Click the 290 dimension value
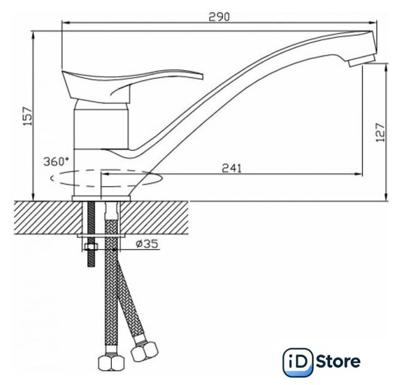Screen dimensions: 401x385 tap(219, 17)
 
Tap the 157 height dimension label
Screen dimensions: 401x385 tap(28, 116)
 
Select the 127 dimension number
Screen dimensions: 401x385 tap(381, 132)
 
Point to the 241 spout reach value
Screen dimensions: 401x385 tap(231, 168)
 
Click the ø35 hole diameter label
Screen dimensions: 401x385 tap(147, 244)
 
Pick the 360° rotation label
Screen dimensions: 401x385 tap(57, 161)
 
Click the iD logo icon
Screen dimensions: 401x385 tap(298, 362)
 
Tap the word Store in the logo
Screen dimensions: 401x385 tap(338, 362)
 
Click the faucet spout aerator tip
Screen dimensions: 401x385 tap(361, 61)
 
